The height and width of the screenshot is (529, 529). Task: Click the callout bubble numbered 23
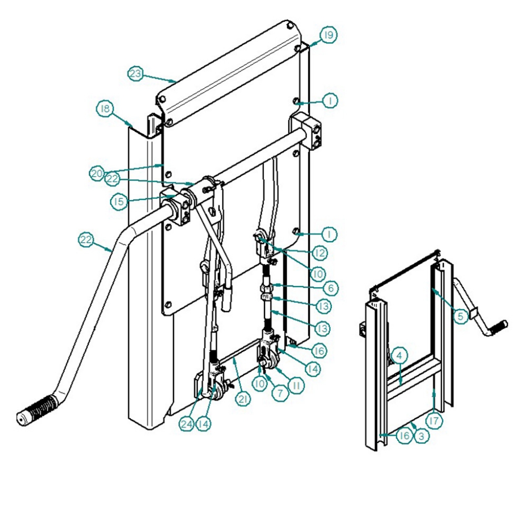135,74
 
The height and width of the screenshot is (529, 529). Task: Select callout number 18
105,109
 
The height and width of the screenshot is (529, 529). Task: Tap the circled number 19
328,35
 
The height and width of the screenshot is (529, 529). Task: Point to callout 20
98,174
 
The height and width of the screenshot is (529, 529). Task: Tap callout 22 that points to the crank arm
87,240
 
